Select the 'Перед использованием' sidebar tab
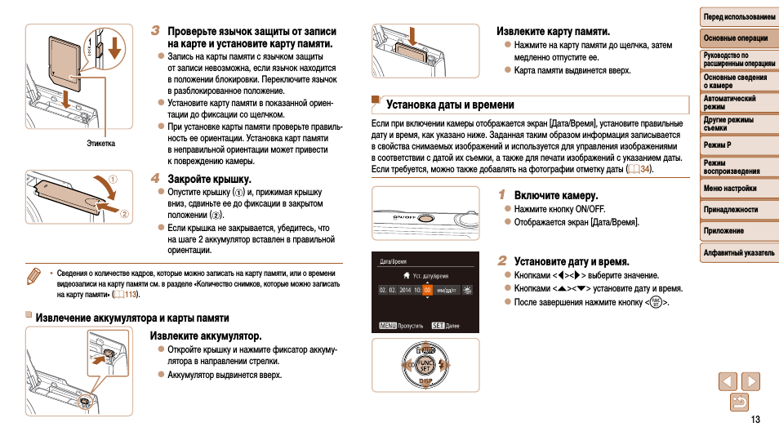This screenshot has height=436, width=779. (x=738, y=16)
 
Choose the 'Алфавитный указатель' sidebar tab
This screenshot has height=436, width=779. (x=738, y=252)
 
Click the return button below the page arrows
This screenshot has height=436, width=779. (x=739, y=401)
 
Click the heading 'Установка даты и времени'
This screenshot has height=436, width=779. (x=450, y=105)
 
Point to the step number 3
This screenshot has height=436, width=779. (x=155, y=30)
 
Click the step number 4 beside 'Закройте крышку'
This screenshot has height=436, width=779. (x=155, y=177)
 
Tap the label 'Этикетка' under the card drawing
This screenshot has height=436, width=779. (x=101, y=144)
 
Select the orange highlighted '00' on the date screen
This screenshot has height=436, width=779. (x=427, y=290)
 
